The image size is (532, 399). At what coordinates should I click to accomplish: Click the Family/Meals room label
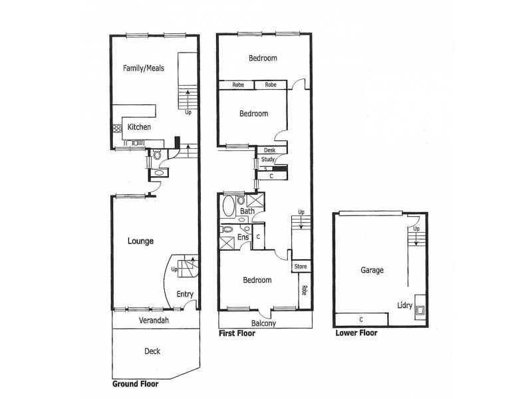pos(143,68)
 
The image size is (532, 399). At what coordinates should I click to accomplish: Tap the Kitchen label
pos(139,127)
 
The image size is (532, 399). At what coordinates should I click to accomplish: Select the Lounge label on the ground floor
pos(140,241)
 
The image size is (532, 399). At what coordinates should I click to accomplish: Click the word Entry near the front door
pos(185,294)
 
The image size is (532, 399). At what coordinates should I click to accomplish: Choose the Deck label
pos(152,351)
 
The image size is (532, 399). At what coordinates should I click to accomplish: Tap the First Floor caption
pos(237,333)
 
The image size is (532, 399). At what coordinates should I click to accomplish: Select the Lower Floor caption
pos(356,333)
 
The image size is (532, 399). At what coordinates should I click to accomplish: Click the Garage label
pos(372,271)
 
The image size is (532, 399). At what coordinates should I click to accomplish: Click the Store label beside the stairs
pos(301,267)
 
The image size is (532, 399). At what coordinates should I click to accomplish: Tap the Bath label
pos(247,211)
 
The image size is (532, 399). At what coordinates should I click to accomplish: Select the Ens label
pos(243,236)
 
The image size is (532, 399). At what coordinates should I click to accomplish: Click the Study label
pos(267,160)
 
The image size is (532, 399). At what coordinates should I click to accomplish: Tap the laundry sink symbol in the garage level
pos(421,307)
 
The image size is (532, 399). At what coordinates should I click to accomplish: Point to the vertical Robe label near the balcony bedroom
pos(304,291)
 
